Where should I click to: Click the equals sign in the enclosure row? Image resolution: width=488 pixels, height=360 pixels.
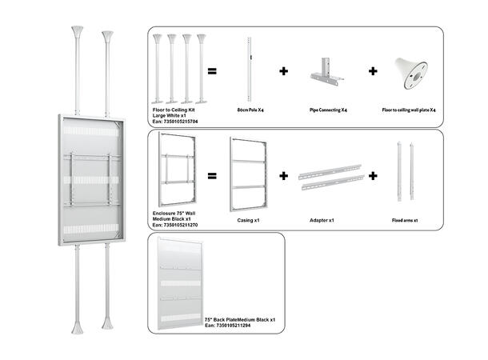coord(213,174)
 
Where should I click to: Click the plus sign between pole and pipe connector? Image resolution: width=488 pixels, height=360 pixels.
coord(283,70)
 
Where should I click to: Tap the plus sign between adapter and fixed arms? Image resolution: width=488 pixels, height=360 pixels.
coord(372,174)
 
